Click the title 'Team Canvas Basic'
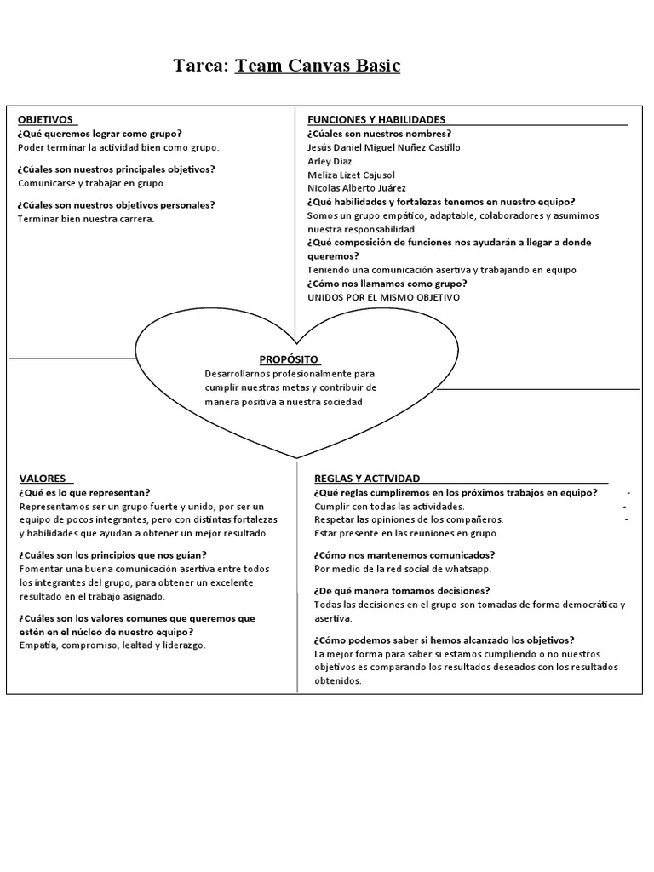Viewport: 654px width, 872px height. pyautogui.click(x=318, y=66)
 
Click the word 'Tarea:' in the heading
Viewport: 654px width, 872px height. pyautogui.click(x=201, y=66)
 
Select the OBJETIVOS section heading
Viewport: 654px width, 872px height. pyautogui.click(x=45, y=120)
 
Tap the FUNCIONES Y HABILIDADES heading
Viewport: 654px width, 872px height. pyautogui.click(x=376, y=120)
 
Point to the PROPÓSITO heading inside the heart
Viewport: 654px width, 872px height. pyautogui.click(x=290, y=359)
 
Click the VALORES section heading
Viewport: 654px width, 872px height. pyautogui.click(x=41, y=479)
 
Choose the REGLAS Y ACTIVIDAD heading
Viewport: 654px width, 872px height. pyautogui.click(x=366, y=479)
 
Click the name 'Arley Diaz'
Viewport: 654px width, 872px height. pyautogui.click(x=330, y=161)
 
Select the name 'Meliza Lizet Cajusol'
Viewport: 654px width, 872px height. pyautogui.click(x=351, y=175)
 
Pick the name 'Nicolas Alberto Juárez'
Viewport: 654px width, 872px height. pyautogui.click(x=356, y=188)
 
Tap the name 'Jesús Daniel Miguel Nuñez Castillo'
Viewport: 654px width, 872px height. pyautogui.click(x=383, y=147)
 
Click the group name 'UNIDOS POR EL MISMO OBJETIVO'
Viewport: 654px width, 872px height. pyautogui.click(x=383, y=297)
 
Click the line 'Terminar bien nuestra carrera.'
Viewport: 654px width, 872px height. pyautogui.click(x=86, y=219)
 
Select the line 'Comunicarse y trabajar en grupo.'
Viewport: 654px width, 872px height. pyautogui.click(x=92, y=183)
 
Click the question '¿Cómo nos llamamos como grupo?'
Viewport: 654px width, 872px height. pyautogui.click(x=388, y=284)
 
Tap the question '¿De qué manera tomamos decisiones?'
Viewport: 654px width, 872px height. pyautogui.click(x=401, y=591)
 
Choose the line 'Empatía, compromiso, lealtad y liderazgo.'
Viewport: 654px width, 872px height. pyautogui.click(x=112, y=645)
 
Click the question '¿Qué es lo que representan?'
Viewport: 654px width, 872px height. pyautogui.click(x=84, y=492)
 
